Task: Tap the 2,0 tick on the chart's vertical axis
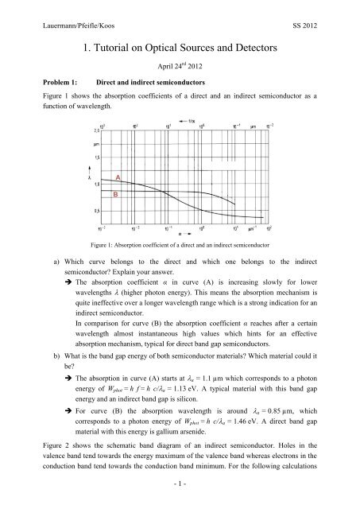pos(99,129)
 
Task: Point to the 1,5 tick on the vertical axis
pos(99,157)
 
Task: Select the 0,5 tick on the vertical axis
pos(99,210)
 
